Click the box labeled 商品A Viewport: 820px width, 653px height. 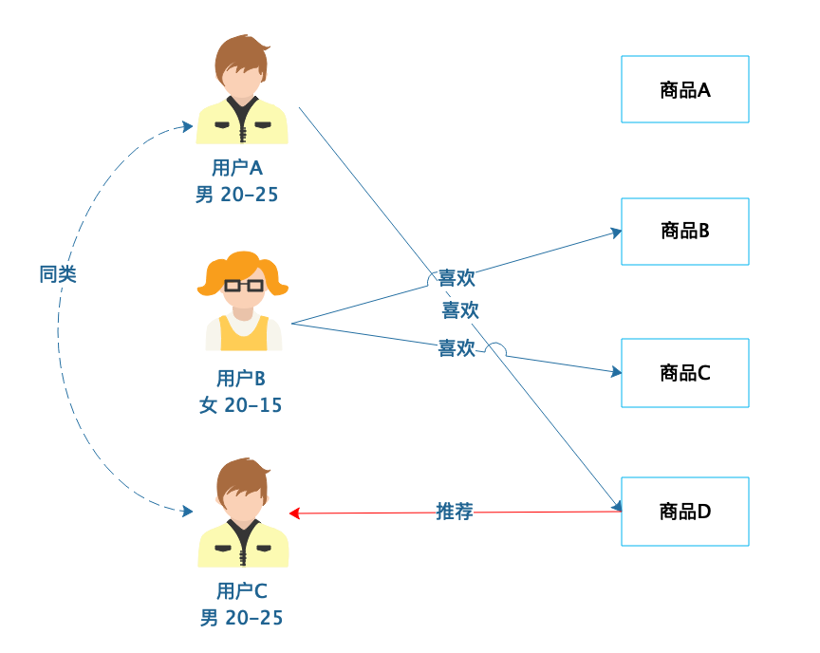(684, 89)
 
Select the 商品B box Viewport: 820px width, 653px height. (684, 231)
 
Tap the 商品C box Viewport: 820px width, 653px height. (684, 373)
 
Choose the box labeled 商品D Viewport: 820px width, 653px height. (684, 512)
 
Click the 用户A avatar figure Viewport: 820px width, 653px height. (242, 90)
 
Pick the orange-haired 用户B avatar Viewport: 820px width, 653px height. (243, 301)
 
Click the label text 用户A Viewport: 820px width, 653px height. (237, 168)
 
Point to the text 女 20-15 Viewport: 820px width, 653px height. (241, 405)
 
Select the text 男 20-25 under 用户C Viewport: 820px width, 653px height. (242, 618)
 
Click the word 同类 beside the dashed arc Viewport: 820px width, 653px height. (58, 274)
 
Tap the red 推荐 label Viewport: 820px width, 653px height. (455, 512)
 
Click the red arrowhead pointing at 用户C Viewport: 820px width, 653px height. (294, 513)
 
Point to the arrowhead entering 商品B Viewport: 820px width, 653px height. (616, 232)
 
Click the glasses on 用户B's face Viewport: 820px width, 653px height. (244, 284)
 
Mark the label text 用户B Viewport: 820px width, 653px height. (241, 379)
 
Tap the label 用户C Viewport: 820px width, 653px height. (242, 591)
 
